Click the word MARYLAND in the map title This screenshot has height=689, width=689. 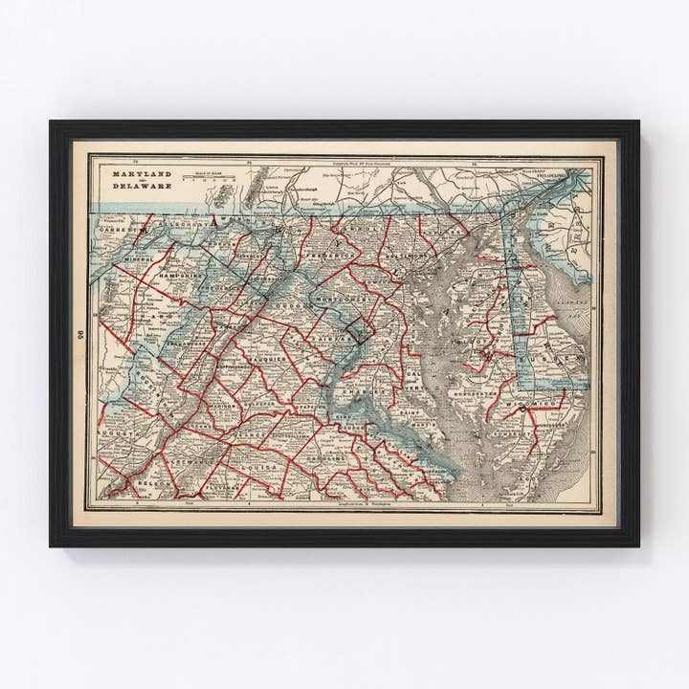coord(143,175)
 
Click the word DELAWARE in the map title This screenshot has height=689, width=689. coord(143,187)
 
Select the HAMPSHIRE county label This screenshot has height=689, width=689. coord(179,274)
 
